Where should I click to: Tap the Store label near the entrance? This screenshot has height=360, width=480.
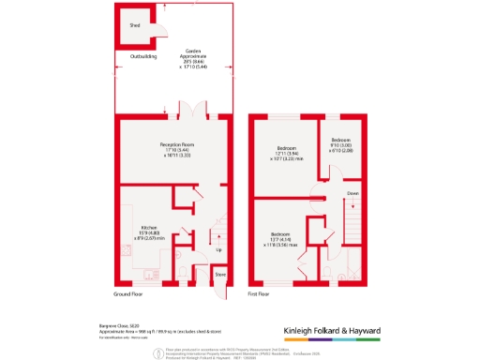[219, 275]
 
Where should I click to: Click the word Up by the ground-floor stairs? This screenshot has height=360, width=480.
[219, 250]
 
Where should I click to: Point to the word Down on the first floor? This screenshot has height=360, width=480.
[352, 194]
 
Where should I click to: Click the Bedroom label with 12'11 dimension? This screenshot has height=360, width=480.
[286, 149]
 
